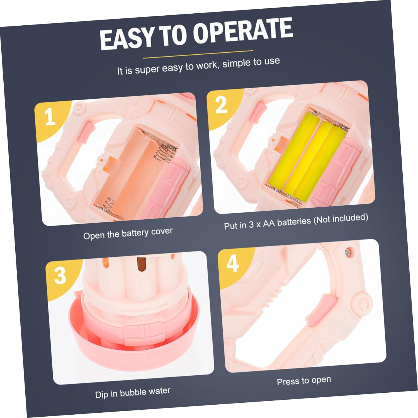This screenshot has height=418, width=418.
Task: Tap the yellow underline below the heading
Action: (x=198, y=54)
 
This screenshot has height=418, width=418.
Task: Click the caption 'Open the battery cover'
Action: (x=128, y=234)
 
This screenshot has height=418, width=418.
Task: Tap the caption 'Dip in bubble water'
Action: (x=133, y=393)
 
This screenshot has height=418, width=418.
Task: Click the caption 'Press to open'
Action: (x=304, y=381)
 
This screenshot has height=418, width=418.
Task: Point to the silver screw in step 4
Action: (x=347, y=253)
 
